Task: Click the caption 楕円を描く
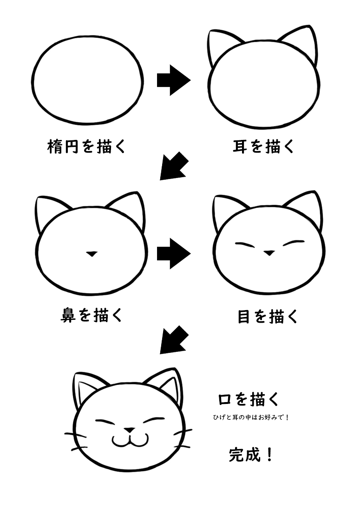87,147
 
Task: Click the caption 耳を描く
264,147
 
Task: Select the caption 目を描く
268,317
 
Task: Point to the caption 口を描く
249,399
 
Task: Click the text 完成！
251,455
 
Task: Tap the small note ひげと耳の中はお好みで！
251,418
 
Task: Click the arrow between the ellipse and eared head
173,80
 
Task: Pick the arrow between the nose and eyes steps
173,253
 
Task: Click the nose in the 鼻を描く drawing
92,253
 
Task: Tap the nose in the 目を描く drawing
269,253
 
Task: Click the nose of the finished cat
130,430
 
